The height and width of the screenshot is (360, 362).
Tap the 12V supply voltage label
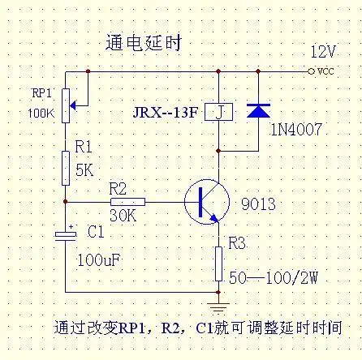[x=322, y=52]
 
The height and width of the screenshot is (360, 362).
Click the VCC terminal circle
[x=312, y=71]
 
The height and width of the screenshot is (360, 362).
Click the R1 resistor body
[x=65, y=167]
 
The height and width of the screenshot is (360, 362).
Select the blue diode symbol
[x=258, y=110]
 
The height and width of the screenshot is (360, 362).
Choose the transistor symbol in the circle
[x=207, y=202]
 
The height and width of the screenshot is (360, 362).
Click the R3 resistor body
[x=218, y=262]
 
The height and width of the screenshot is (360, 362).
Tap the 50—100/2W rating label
[x=272, y=278]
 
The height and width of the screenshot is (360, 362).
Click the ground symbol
[x=218, y=306]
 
